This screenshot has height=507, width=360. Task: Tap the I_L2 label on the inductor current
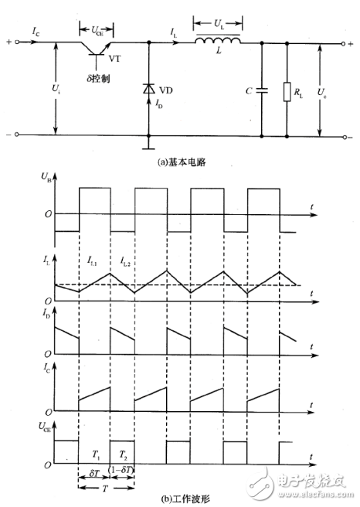pyautogui.click(x=125, y=264)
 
